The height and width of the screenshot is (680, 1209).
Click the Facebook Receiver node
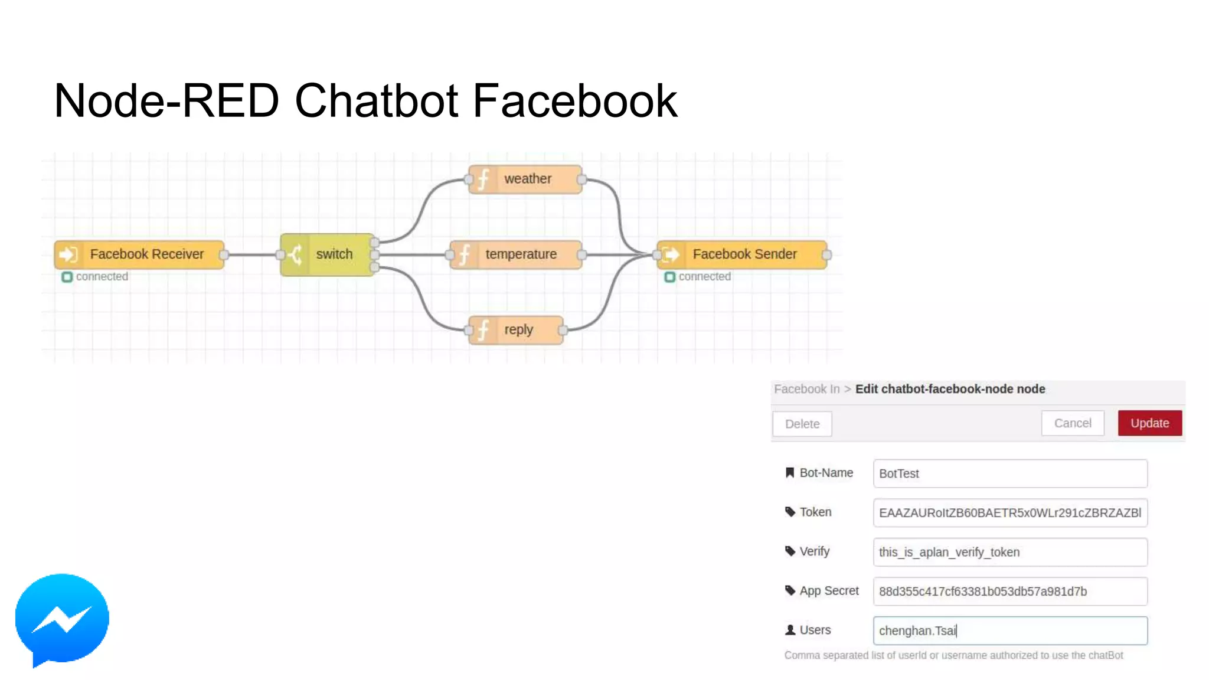[139, 254]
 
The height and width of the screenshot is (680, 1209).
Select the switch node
[327, 254]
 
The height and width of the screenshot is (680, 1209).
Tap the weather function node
[525, 179]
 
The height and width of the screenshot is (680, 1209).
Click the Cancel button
[1072, 423]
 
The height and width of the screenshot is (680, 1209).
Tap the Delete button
[802, 424]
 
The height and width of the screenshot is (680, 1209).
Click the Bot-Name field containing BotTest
[1009, 473]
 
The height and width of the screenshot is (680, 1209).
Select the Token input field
[1009, 512]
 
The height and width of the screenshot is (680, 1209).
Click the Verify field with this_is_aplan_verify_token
[1009, 552]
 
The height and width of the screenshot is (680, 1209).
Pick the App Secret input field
[1009, 591]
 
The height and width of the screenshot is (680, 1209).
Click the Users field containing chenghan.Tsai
[1009, 630]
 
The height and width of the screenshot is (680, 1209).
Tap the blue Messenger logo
[62, 619]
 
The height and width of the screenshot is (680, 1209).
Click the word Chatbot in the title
[376, 101]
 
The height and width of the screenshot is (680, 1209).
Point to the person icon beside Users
[790, 630]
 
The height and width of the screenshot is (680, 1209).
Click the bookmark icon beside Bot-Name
[789, 472]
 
